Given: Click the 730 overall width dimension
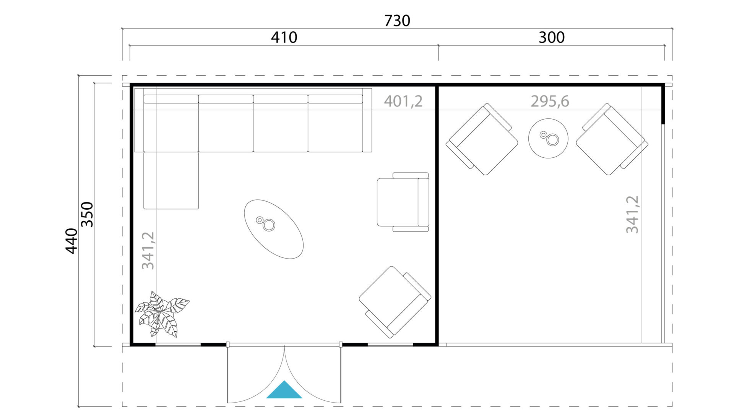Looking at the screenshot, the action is point(397,21).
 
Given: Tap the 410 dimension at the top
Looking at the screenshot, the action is point(284,37).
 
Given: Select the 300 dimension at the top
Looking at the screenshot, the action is point(551,37).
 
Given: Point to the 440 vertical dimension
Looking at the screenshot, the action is point(71,241).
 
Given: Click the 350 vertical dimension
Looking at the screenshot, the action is point(88,214).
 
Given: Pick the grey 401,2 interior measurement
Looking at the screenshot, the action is point(403,101).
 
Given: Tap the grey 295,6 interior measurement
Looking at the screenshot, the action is point(550,101).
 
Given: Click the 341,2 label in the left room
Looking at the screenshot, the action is point(148,251).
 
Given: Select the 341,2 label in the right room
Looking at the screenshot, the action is point(632,214).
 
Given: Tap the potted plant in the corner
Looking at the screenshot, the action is point(162,314).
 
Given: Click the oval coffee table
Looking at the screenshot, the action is point(274,229).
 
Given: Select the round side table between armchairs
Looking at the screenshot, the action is point(548,138).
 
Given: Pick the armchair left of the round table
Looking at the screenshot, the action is point(482,139).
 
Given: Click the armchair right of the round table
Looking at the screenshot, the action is point(612,139).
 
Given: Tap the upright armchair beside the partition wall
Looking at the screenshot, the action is point(403,202).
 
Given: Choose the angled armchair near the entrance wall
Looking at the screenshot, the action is point(395,302).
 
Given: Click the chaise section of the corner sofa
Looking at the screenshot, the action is point(171,180).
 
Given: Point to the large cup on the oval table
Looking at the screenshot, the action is point(269,225).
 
